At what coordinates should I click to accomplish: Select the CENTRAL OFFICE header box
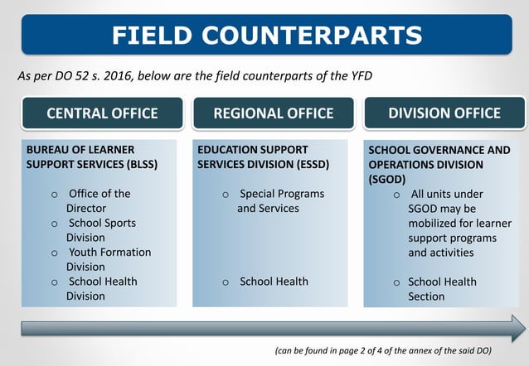[x=102, y=113]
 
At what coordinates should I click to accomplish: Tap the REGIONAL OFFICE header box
[x=274, y=113]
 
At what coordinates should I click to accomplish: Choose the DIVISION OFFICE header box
[x=444, y=113]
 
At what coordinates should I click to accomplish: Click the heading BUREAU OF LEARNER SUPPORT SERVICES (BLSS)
[x=92, y=157]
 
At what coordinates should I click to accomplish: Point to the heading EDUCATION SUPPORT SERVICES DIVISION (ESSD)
[x=264, y=157]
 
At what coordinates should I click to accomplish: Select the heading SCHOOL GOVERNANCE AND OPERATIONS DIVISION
[x=439, y=164]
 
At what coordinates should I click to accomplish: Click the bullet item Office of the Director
[x=98, y=201]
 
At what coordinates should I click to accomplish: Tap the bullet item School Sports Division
[x=101, y=230]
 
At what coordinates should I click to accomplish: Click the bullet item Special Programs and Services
[x=280, y=201]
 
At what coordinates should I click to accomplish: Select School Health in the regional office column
[x=274, y=282]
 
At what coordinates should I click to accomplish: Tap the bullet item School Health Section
[x=441, y=289]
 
